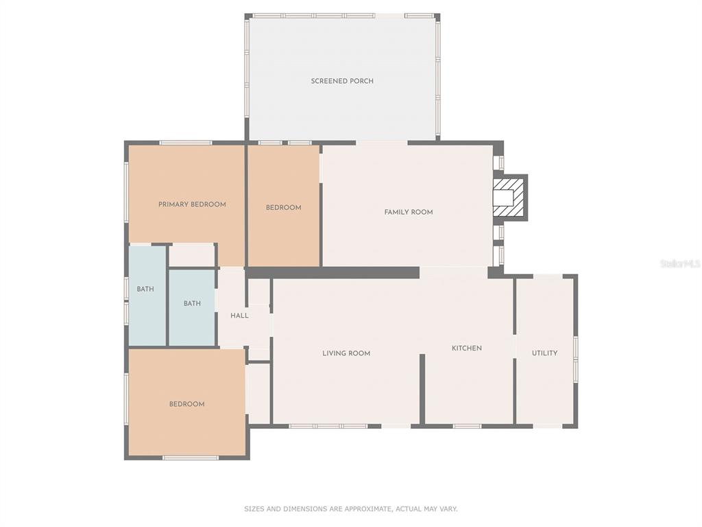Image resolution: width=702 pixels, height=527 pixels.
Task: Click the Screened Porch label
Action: pos(342,81)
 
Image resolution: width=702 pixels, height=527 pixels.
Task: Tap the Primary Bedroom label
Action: pos(192,204)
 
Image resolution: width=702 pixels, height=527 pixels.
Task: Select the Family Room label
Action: pos(409,212)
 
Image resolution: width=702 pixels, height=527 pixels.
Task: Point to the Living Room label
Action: pos(346,353)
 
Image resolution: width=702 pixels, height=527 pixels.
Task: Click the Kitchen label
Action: pos(466,348)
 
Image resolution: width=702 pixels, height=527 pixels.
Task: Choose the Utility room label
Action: pos(544,353)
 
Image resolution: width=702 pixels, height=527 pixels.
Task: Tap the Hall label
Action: pos(239,316)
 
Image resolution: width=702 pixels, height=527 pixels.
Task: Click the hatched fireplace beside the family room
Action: pos(509,198)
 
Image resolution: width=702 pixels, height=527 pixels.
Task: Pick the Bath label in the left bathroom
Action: pos(145,289)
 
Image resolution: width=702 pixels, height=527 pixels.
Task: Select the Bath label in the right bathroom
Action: pos(192,303)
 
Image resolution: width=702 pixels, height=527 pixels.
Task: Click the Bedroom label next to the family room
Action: pos(283,207)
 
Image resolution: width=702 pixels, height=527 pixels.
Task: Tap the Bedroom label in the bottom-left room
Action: pos(186,404)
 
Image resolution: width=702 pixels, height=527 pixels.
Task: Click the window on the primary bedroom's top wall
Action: pos(186,143)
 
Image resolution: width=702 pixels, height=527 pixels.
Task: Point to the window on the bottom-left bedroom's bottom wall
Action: pos(191,458)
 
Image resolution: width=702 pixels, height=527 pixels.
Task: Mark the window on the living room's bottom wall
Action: pos(328,426)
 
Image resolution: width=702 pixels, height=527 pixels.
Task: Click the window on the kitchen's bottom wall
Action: pos(467,426)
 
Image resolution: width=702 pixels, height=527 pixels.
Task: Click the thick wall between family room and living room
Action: pos(332,272)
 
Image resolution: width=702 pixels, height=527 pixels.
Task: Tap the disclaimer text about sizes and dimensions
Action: pos(350,508)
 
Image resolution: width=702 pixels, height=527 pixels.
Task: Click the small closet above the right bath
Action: pos(192,255)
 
